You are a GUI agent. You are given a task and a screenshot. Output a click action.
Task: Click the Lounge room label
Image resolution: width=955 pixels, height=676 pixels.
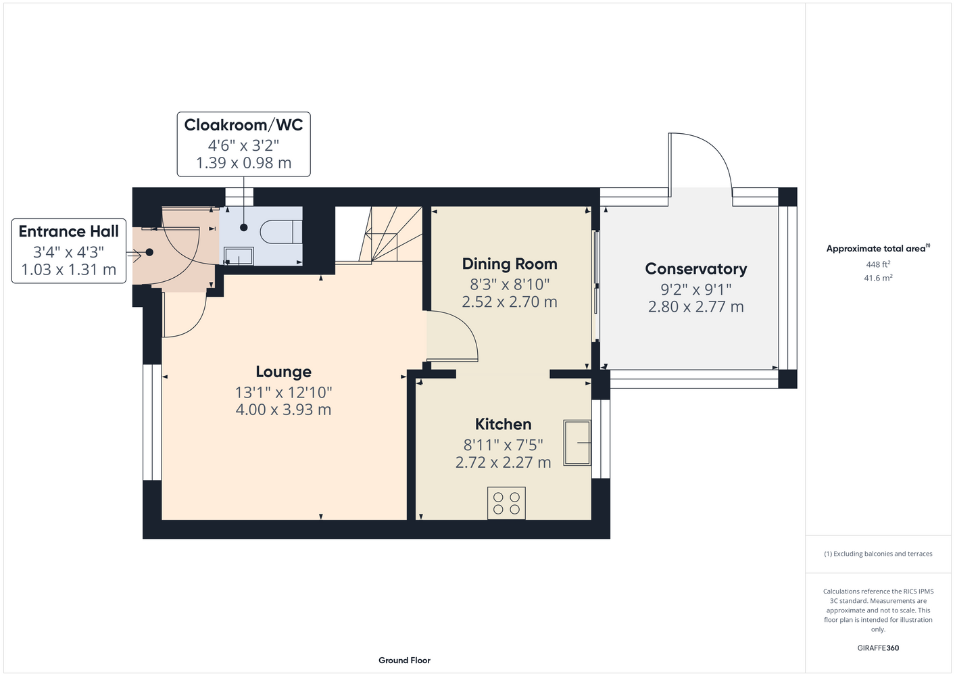[283, 372]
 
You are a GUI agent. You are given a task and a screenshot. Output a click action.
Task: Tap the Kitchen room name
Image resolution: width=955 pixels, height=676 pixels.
[503, 424]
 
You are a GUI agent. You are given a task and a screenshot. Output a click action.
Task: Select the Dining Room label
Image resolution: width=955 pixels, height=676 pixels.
[510, 264]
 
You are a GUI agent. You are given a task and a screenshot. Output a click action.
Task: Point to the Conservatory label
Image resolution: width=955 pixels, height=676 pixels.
[695, 268]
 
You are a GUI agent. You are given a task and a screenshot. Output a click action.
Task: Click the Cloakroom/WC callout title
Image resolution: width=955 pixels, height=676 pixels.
[243, 125]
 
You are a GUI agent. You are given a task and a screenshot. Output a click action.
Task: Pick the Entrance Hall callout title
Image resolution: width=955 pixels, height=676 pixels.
[69, 231]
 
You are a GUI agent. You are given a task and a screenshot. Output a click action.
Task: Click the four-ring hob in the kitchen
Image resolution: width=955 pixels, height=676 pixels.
[506, 503]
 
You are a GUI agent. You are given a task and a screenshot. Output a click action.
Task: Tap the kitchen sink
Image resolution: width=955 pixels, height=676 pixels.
[577, 442]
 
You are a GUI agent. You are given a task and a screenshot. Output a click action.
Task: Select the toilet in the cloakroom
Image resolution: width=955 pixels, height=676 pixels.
[281, 232]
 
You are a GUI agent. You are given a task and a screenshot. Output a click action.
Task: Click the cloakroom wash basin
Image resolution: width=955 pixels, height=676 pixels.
[239, 256]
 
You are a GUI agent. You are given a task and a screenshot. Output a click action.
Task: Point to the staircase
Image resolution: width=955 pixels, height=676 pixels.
[378, 234]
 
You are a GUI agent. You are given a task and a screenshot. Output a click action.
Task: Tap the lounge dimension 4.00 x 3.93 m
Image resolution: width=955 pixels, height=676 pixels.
[283, 410]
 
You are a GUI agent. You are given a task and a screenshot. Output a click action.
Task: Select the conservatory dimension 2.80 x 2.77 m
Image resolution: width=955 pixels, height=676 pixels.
[695, 307]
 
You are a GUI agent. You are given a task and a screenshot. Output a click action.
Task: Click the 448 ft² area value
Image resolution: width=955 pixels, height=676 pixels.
[878, 264]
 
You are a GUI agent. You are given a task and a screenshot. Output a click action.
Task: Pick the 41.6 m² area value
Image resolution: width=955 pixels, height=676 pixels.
[878, 278]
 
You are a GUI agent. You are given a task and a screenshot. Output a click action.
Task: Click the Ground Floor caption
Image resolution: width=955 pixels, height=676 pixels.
[404, 660]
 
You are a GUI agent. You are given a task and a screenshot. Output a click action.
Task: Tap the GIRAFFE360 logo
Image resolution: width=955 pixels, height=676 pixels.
[878, 648]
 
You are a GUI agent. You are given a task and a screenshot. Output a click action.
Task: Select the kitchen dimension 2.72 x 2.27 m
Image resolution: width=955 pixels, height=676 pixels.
[503, 462]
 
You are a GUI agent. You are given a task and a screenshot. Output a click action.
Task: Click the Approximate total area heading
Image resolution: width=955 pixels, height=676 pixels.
[878, 249]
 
